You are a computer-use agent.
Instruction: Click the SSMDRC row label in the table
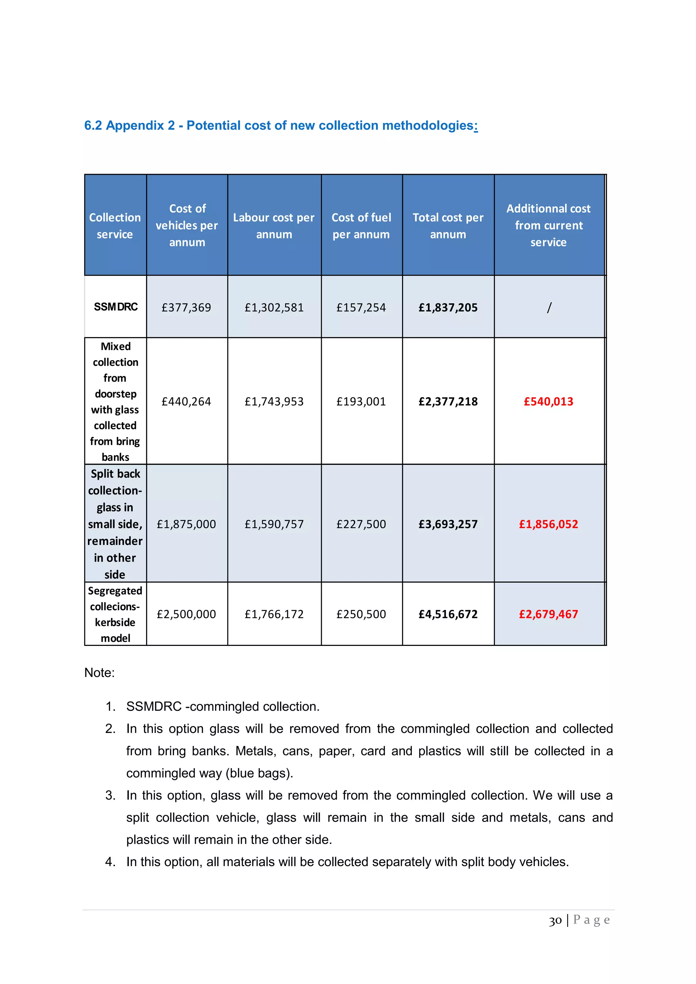coord(116,307)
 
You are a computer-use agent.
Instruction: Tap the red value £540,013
coord(548,402)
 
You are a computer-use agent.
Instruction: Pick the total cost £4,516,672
coord(448,614)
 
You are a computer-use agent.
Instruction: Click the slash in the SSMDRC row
coord(549,307)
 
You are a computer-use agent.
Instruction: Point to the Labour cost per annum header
coord(274,226)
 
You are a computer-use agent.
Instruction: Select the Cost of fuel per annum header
coord(361,226)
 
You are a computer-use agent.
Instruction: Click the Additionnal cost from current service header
coord(548,225)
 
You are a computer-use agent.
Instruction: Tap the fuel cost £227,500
coord(361,524)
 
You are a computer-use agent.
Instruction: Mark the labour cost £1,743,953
coord(274,402)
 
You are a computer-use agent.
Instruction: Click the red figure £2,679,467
coord(548,614)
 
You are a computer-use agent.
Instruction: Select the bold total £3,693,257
coord(448,524)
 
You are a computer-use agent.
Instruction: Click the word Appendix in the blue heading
coord(141,126)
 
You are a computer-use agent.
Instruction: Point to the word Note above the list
coord(99,672)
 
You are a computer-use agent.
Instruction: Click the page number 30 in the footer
coord(555,920)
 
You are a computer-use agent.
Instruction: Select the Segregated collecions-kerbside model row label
coord(115,614)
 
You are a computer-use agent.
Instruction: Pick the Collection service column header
coord(115,226)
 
